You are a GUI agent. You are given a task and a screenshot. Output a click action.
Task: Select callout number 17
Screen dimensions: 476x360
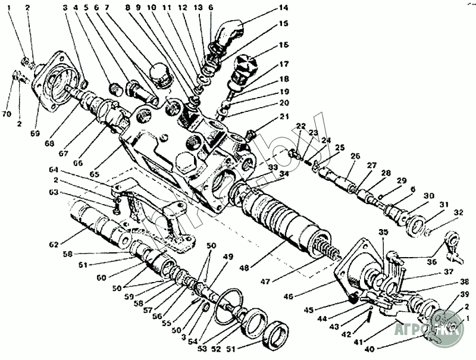pos(284,64)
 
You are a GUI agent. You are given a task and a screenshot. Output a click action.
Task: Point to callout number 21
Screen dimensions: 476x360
pos(284,116)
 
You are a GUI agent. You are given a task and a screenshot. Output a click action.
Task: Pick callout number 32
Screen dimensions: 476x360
pos(458,212)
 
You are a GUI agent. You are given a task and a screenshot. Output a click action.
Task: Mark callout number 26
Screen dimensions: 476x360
pos(356,156)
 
